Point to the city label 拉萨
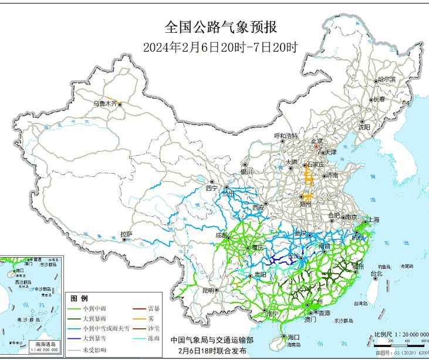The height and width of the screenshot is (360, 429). [126, 234]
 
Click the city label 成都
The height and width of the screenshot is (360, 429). [221, 235]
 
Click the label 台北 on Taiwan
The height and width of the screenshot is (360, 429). [376, 273]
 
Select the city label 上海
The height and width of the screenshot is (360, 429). [373, 220]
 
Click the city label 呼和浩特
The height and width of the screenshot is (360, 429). [286, 136]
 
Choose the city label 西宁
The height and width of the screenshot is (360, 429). [211, 189]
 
